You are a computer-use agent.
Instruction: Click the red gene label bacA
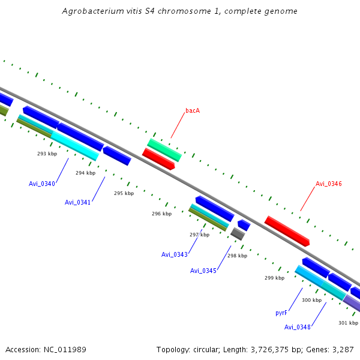[193, 110]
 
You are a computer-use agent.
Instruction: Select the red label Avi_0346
[329, 184]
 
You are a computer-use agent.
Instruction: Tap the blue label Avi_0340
[42, 184]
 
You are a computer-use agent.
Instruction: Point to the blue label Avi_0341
[78, 202]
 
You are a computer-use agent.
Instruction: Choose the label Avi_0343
[175, 254]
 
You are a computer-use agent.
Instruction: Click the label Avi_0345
[203, 271]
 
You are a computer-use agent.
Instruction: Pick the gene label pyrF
[281, 313]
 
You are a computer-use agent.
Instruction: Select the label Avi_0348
[298, 327]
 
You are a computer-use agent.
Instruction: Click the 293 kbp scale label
[47, 154]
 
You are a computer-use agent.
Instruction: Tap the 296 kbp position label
[161, 214]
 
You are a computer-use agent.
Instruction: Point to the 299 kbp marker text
[274, 278]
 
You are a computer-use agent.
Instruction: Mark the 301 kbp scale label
[348, 323]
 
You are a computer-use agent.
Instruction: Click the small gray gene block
[238, 234]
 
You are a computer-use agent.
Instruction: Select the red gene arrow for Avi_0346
[287, 231]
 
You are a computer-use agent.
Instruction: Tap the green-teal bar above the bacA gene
[164, 149]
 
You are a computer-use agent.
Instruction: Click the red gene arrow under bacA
[158, 160]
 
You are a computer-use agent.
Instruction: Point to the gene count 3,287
[343, 349]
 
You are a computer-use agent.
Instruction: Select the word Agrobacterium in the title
[92, 11]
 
